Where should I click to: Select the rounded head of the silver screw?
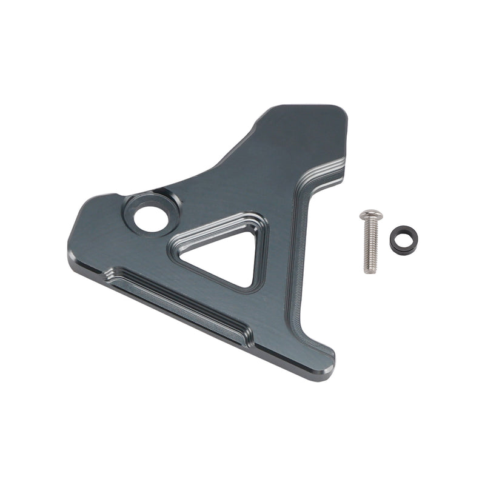tap(370, 215)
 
